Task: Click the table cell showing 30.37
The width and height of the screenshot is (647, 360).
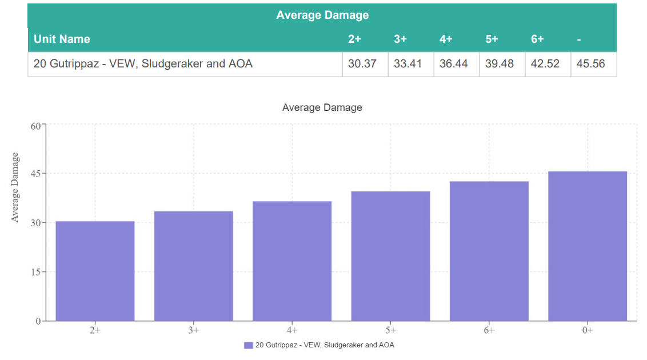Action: point(362,64)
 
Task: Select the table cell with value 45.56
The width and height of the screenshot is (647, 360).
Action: point(591,64)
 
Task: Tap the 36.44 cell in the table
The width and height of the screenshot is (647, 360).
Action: point(454,64)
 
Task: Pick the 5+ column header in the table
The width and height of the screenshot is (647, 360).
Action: point(492,39)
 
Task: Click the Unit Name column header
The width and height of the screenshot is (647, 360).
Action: point(62,39)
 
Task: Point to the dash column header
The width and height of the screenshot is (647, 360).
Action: point(580,39)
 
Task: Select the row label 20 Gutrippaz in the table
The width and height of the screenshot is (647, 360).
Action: point(143,64)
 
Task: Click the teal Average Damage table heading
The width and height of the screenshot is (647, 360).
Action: point(322,15)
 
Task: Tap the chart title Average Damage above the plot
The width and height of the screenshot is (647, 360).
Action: point(322,107)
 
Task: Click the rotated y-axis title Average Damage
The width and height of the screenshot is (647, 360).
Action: point(15,187)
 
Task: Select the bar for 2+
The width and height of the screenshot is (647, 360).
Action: point(95,271)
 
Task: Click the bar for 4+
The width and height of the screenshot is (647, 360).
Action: point(292,261)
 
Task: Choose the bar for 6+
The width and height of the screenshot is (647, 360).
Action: point(489,251)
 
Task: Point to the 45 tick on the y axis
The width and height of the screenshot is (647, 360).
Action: point(35,174)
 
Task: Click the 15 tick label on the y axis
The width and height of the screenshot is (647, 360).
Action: point(35,272)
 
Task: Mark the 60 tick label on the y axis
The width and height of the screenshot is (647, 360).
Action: point(35,126)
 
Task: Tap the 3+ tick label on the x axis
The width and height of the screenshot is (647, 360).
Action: point(194,330)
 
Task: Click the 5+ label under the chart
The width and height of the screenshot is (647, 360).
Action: point(390,330)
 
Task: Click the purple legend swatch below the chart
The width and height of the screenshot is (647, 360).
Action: point(248,345)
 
